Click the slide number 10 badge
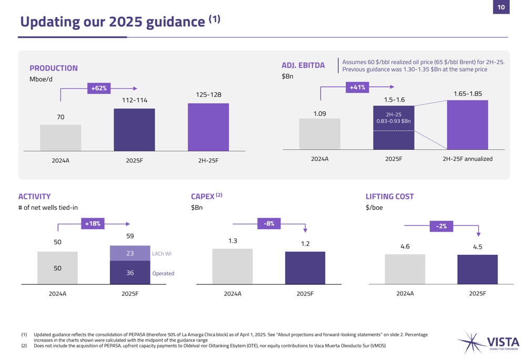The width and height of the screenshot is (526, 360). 501,7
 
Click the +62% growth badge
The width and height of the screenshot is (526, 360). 98,88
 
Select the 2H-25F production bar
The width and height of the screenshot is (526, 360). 208,127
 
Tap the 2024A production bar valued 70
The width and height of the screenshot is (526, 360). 60,138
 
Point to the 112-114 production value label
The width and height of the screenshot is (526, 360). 135,100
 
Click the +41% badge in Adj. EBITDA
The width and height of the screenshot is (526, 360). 357,87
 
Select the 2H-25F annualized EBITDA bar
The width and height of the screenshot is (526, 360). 467,125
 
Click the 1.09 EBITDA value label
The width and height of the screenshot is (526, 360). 320,114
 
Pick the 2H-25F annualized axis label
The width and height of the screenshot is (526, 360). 467,159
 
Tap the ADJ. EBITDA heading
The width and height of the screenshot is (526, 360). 303,65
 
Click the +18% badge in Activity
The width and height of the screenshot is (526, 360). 93,223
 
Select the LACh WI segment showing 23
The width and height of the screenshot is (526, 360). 130,253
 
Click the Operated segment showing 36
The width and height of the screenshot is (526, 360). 130,273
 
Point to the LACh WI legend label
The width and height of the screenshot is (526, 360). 161,254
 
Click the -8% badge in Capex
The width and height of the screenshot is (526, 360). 269,223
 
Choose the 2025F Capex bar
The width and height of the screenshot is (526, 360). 305,268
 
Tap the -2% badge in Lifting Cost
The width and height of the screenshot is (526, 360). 441,226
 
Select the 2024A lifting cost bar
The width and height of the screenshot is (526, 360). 405,269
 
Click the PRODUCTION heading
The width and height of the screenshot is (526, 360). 54,68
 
